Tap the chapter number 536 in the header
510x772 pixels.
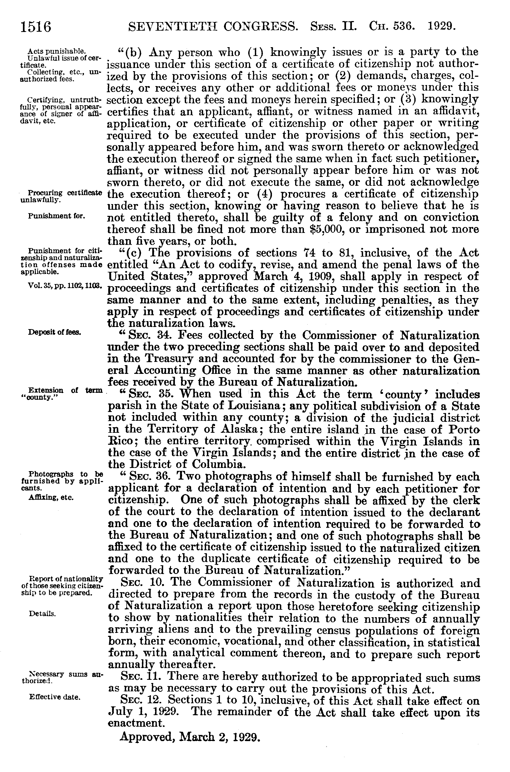point(404,26)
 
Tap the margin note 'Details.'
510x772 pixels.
point(42,614)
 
